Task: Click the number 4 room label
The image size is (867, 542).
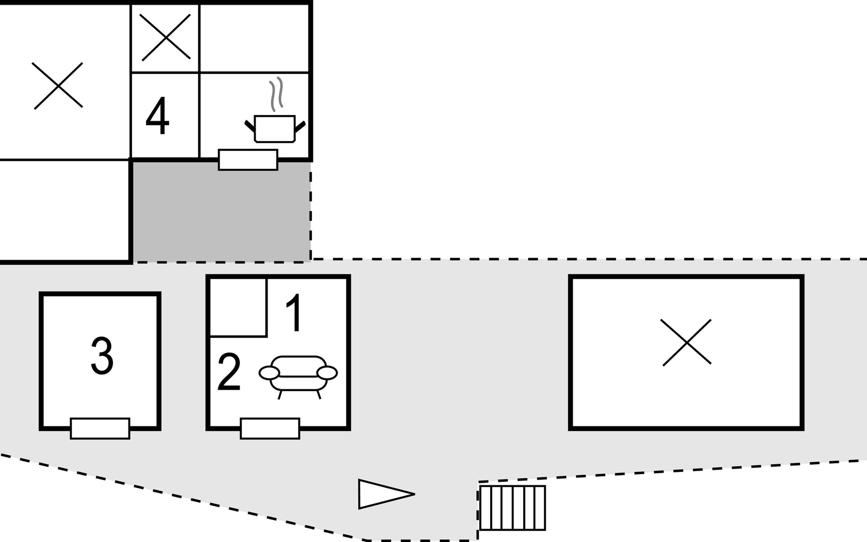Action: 157,117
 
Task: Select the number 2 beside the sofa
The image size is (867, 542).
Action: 229,373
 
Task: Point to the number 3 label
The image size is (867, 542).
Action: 102,356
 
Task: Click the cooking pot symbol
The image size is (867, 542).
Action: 275,129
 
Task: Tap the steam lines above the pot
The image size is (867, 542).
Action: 276,94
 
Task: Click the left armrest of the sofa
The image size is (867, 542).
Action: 269,373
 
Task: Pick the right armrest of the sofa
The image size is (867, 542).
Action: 327,373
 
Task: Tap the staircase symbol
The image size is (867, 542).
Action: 513,508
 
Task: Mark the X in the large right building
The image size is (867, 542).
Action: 686,342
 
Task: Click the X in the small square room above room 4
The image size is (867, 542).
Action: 165,37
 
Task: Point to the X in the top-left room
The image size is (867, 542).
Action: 58,86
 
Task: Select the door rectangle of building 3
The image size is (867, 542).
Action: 100,428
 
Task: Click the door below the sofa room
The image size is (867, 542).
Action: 270,428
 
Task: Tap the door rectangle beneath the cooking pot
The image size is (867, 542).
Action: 248,159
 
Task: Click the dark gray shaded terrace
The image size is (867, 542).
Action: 221,212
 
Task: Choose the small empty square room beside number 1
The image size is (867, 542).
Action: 238,307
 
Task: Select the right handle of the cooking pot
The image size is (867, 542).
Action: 300,126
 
